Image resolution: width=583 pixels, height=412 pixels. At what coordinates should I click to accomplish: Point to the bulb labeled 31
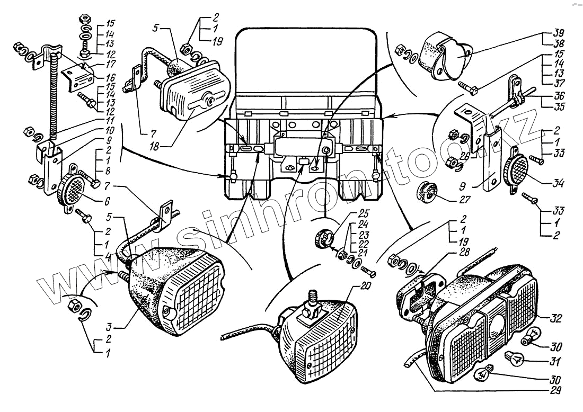[x=515, y=360]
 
